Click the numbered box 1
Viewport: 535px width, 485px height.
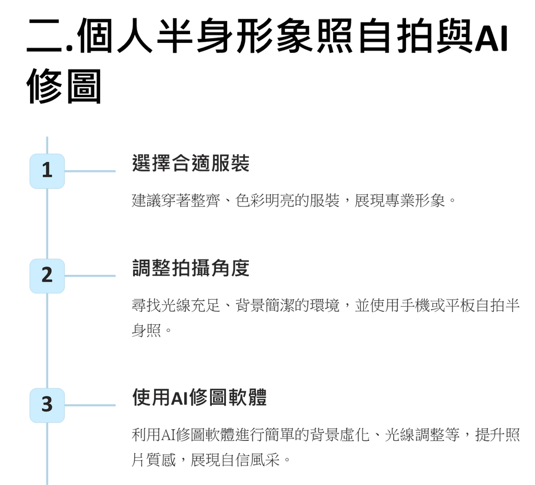(47, 171)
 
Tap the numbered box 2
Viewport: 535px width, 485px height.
(47, 276)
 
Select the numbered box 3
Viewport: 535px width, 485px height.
(47, 405)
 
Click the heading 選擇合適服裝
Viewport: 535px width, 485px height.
(191, 163)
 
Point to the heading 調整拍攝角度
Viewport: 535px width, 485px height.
(191, 268)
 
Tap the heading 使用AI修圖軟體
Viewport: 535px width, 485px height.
(200, 397)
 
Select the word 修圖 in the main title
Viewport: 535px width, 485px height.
(64, 86)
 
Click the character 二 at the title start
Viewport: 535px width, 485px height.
(44, 36)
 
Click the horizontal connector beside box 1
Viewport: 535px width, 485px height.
(90, 171)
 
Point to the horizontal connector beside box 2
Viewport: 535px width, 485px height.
(90, 276)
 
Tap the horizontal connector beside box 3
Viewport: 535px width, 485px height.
(90, 405)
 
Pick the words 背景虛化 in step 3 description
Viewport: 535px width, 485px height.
(340, 435)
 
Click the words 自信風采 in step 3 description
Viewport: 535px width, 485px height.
(250, 460)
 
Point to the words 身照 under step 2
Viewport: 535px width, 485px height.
(147, 330)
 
